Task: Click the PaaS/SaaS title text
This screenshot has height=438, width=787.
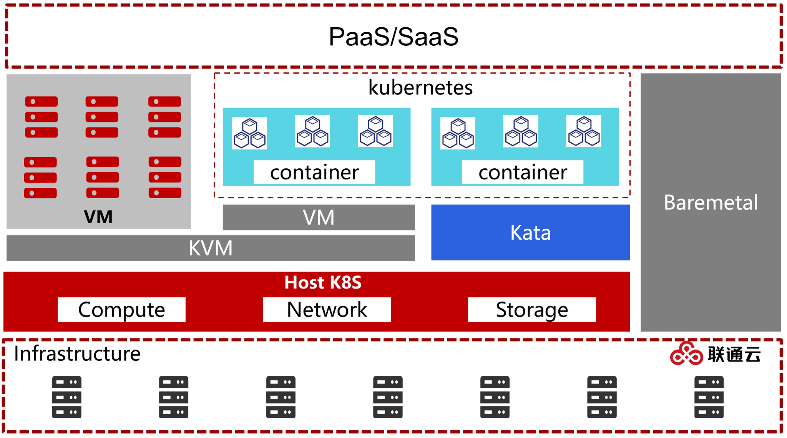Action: point(393,37)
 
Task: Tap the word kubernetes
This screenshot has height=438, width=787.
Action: point(420,88)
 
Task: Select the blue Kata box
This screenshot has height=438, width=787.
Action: point(530,232)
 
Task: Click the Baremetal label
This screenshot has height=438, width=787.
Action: point(711,202)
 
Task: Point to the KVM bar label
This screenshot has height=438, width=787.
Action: point(211,248)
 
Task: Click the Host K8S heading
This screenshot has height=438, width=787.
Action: point(323,282)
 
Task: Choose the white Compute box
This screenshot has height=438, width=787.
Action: point(121,310)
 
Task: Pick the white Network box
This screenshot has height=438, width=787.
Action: point(327,310)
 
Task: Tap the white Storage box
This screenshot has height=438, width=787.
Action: point(532,310)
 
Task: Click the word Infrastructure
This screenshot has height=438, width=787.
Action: point(77,354)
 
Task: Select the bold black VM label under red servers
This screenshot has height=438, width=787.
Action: point(98,217)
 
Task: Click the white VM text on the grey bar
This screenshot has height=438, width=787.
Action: point(319,217)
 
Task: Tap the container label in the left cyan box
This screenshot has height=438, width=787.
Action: point(314,172)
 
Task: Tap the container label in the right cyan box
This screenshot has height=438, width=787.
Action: point(523,172)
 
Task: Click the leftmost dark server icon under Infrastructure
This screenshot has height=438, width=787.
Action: point(67,397)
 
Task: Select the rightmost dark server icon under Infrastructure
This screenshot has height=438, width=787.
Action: point(709,397)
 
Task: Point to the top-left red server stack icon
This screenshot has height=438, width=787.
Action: point(42,117)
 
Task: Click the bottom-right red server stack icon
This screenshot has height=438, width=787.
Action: point(165,177)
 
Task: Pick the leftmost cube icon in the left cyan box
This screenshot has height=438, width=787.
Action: point(249,133)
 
